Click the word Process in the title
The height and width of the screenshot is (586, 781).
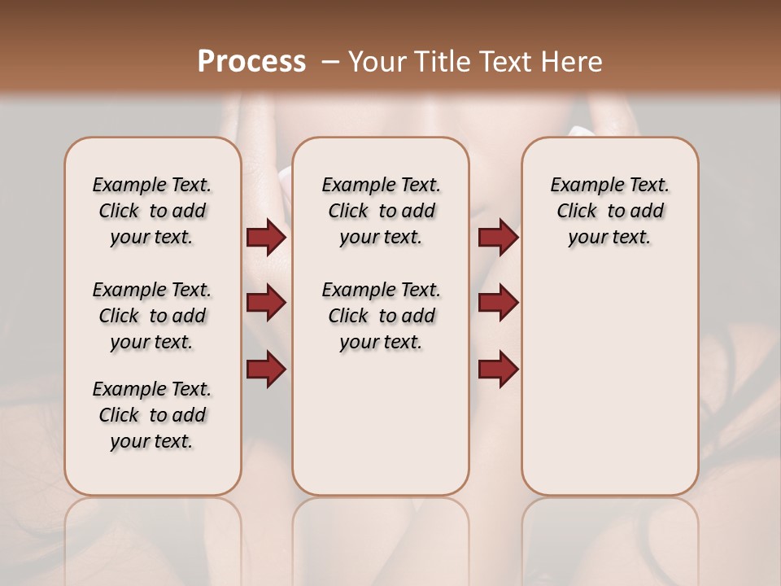(x=251, y=62)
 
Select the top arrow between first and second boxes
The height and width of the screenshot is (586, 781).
(x=266, y=238)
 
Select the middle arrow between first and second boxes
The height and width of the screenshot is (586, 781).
(x=266, y=304)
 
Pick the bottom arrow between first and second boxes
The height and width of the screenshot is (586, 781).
(x=266, y=370)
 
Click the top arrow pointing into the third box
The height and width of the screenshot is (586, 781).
(x=498, y=238)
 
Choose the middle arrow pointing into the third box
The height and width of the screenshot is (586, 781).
(x=498, y=304)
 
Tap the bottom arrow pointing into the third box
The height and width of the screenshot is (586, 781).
(x=498, y=370)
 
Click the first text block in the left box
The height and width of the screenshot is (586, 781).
(x=152, y=211)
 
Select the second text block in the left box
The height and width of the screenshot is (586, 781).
(x=152, y=316)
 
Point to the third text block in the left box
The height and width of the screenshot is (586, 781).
(x=152, y=415)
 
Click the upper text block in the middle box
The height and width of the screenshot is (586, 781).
(x=382, y=211)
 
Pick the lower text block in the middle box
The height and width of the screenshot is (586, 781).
(x=382, y=316)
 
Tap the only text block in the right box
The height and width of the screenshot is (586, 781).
(x=610, y=211)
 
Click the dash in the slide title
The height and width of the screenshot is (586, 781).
(x=330, y=62)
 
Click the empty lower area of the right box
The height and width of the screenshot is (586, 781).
(x=610, y=391)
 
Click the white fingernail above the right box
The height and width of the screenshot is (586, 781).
(x=581, y=130)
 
